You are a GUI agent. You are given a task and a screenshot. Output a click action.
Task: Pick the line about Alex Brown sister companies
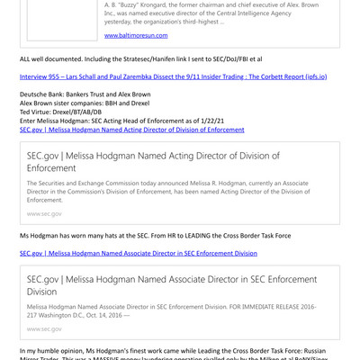click(80, 103)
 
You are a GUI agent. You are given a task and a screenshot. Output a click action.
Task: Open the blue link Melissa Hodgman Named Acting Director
click(131, 130)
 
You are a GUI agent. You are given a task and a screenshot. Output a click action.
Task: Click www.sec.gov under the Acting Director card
click(45, 214)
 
